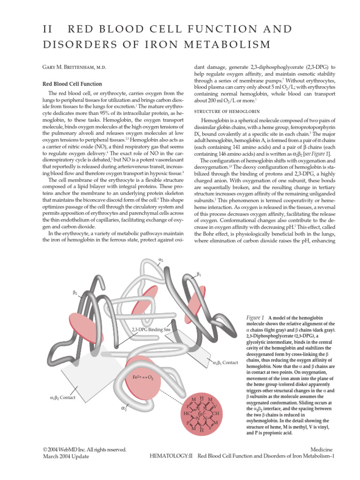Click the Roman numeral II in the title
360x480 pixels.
pyautogui.click(x=47, y=29)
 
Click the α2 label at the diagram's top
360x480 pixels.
pyautogui.click(x=161, y=259)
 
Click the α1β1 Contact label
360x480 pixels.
pyautogui.click(x=226, y=362)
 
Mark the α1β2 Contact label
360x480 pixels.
pyautogui.click(x=62, y=397)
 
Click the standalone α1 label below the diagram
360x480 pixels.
pyautogui.click(x=124, y=408)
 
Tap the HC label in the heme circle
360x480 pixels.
pyautogui.click(x=186, y=414)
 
